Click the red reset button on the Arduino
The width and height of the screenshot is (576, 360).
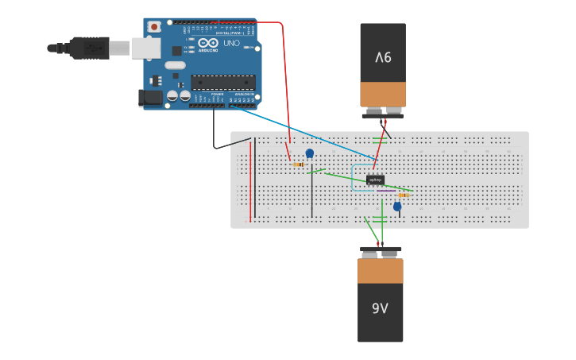pyautogui.click(x=154, y=26)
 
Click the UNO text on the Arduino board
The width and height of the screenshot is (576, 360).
pyautogui.click(x=230, y=43)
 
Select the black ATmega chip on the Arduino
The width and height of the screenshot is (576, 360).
pyautogui.click(x=222, y=82)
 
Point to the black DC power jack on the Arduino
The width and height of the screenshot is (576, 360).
pyautogui.click(x=150, y=98)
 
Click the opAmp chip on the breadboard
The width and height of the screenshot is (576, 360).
pyautogui.click(x=375, y=180)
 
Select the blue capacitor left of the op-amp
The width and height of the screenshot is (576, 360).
pyautogui.click(x=310, y=153)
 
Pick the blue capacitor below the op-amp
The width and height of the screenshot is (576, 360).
pyautogui.click(x=397, y=207)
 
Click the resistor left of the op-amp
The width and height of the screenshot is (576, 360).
pyautogui.click(x=298, y=165)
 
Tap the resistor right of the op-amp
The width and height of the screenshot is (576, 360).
pyautogui.click(x=404, y=195)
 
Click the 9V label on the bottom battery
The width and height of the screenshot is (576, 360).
pyautogui.click(x=380, y=308)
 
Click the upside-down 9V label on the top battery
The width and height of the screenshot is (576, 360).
pyautogui.click(x=383, y=57)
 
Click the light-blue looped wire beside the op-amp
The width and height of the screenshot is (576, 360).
pyautogui.click(x=353, y=179)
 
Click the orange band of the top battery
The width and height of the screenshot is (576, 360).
pyautogui.click(x=383, y=94)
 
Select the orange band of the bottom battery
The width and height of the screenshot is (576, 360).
pyautogui.click(x=380, y=271)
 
